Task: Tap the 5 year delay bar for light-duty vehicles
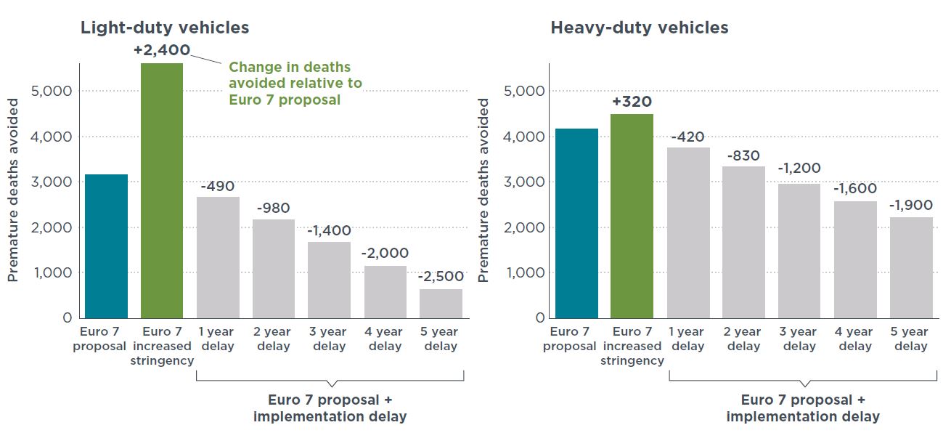441,303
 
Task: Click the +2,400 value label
162,50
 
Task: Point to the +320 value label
632,102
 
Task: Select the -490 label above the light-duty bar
219,185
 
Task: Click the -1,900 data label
911,206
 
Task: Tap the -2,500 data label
441,277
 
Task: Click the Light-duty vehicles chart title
165,28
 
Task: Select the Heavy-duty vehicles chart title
640,28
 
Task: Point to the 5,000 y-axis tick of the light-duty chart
52,91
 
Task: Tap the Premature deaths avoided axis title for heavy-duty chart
484,190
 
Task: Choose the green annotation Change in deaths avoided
295,83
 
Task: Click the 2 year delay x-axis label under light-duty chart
274,339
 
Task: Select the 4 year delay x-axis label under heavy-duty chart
855,339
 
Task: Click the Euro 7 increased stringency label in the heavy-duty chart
632,346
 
